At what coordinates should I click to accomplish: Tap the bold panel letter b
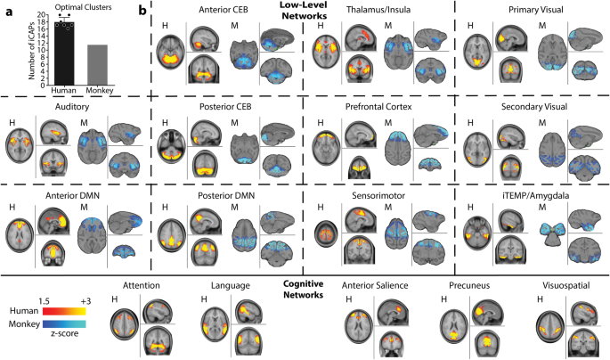coord(144,12)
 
